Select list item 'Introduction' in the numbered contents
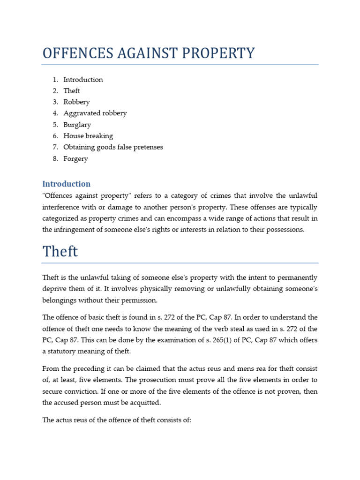pyautogui.click(x=83, y=80)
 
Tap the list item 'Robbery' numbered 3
pyautogui.click(x=76, y=102)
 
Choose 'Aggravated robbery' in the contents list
pyautogui.click(x=95, y=113)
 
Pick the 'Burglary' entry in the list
pyautogui.click(x=77, y=125)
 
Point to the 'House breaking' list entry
pyautogui.click(x=88, y=136)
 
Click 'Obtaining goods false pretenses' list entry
pyautogui.click(x=113, y=147)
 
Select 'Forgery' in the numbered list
pyautogui.click(x=75, y=159)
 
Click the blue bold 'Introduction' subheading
pyautogui.click(x=66, y=184)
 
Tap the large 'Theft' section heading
pyautogui.click(x=60, y=252)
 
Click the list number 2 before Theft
pyautogui.click(x=55, y=91)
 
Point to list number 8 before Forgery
pyautogui.click(x=55, y=159)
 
